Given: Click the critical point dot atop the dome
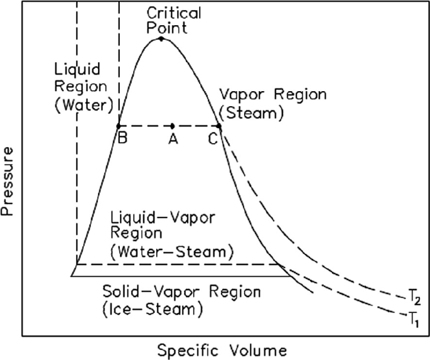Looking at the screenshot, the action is (161, 39).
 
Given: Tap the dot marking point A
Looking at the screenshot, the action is (172, 126).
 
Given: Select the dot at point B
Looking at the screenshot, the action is (119, 126).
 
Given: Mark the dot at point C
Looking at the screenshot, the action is (219, 126).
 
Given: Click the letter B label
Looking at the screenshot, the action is (123, 139).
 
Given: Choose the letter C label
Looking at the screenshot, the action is (214, 139).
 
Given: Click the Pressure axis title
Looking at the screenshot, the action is (9, 182).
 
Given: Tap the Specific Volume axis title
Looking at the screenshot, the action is (222, 349).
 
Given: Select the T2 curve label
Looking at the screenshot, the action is (413, 297).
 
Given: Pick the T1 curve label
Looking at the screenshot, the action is (413, 318).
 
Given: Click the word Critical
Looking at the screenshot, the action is (174, 13).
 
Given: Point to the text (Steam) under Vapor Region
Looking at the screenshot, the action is (251, 114).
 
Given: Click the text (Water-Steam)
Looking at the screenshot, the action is (171, 252).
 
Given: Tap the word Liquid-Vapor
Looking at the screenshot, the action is (163, 217).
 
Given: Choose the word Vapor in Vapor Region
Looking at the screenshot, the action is (239, 95).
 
